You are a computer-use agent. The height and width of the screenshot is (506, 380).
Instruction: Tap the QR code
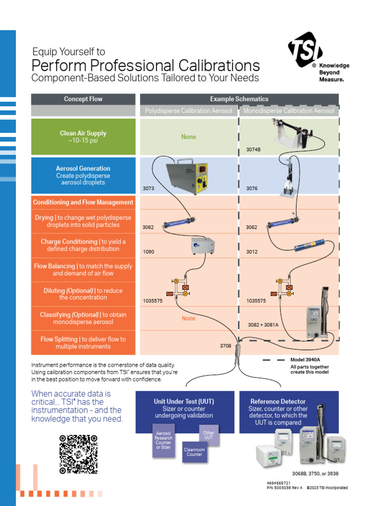click(x=78, y=454)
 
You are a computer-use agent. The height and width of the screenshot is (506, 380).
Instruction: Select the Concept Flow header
click(x=83, y=99)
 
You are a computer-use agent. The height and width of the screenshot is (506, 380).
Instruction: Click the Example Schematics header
click(x=239, y=99)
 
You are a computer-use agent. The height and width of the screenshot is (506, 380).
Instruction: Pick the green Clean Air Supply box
click(x=83, y=137)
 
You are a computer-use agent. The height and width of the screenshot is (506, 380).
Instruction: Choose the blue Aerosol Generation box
click(x=83, y=175)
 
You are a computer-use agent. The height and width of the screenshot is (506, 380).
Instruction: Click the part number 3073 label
click(x=148, y=189)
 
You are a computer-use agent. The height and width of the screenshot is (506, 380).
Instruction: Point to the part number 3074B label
click(x=253, y=149)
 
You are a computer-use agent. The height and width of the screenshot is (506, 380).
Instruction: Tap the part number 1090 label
click(x=148, y=252)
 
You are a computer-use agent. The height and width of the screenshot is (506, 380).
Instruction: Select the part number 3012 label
click(x=252, y=252)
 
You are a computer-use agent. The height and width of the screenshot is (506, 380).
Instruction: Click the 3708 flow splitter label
click(x=226, y=346)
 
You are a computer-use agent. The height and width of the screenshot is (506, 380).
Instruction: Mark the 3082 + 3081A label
click(x=263, y=325)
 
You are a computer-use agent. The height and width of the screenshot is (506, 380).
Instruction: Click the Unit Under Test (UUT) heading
click(x=184, y=402)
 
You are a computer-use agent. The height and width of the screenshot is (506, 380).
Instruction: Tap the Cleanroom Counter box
click(x=194, y=452)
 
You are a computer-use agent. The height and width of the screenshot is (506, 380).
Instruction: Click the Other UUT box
click(x=209, y=435)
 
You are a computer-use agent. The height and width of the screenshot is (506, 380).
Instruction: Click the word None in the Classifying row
click(x=189, y=319)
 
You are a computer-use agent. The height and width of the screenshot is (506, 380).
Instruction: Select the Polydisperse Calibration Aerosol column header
click(x=189, y=111)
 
